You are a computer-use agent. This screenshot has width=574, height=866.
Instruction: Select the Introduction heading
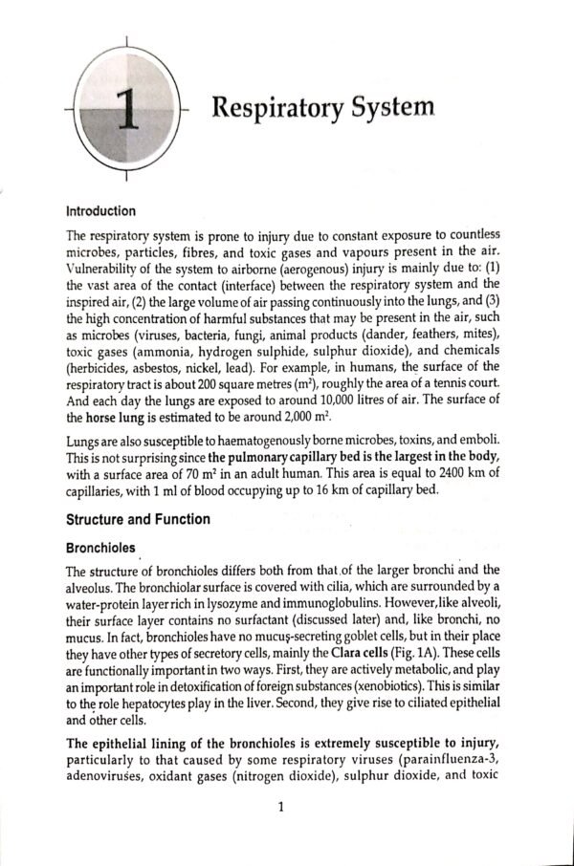[x=100, y=211]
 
